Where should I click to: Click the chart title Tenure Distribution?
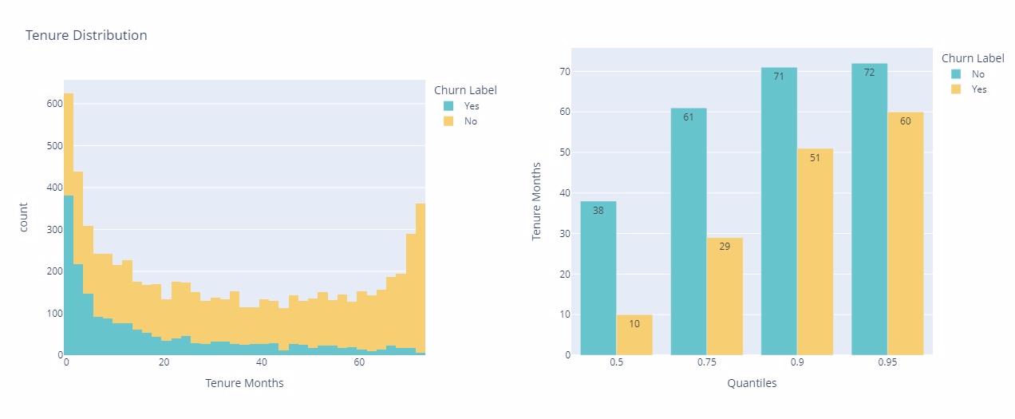86,36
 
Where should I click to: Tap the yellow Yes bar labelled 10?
634,334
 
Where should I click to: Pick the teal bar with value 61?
689,231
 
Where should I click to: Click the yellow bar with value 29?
725,296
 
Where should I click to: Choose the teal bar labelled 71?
779,211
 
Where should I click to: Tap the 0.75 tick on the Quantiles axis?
706,363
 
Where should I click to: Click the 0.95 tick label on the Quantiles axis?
887,363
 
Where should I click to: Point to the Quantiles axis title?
752,383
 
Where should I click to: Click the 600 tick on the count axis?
53,104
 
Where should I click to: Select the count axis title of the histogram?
24,216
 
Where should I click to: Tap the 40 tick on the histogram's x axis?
261,363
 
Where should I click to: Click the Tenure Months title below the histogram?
244,383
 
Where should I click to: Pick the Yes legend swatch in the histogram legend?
448,105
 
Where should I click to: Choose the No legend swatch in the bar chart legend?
955,73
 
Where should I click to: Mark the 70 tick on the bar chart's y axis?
564,72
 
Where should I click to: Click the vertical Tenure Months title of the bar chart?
538,201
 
